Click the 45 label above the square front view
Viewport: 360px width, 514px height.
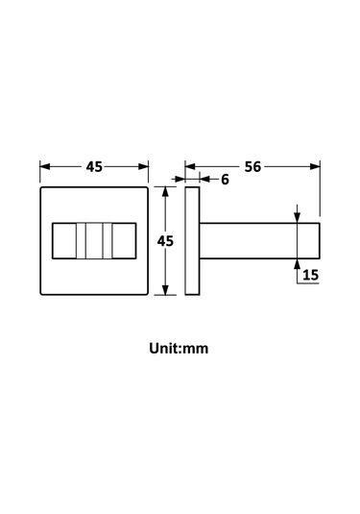click(x=94, y=167)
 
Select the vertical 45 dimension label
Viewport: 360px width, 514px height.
click(x=165, y=241)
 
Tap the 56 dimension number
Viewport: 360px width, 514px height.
click(x=252, y=167)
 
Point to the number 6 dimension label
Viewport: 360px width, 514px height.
click(x=225, y=180)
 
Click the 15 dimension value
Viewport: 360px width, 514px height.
click(x=310, y=275)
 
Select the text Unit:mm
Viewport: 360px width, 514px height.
click(x=179, y=348)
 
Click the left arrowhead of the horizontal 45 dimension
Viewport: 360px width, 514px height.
click(x=45, y=166)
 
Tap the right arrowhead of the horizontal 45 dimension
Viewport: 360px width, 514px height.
click(x=143, y=166)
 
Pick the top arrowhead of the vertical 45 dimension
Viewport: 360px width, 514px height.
click(x=165, y=192)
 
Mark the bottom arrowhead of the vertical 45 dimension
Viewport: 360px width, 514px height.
click(x=165, y=290)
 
